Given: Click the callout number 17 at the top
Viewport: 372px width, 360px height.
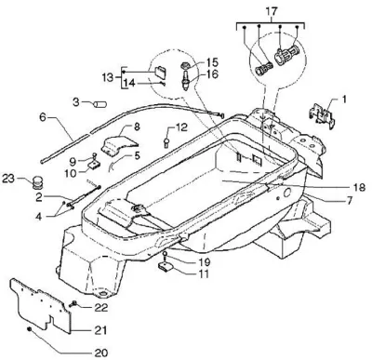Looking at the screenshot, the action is pyautogui.click(x=272, y=11).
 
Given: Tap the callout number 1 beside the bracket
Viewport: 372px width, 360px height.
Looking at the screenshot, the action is pyautogui.click(x=344, y=100).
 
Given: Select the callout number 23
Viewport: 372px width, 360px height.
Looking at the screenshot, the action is pyautogui.click(x=9, y=179).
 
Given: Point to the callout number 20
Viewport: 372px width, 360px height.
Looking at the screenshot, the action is pyautogui.click(x=101, y=353).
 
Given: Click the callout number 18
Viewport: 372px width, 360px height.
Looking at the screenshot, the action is pyautogui.click(x=359, y=187).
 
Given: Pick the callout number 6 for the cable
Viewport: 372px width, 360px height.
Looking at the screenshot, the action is pyautogui.click(x=43, y=117).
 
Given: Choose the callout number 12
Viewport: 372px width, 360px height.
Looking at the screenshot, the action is pyautogui.click(x=181, y=127).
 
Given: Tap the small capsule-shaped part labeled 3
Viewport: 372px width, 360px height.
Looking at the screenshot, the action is pyautogui.click(x=100, y=104).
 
